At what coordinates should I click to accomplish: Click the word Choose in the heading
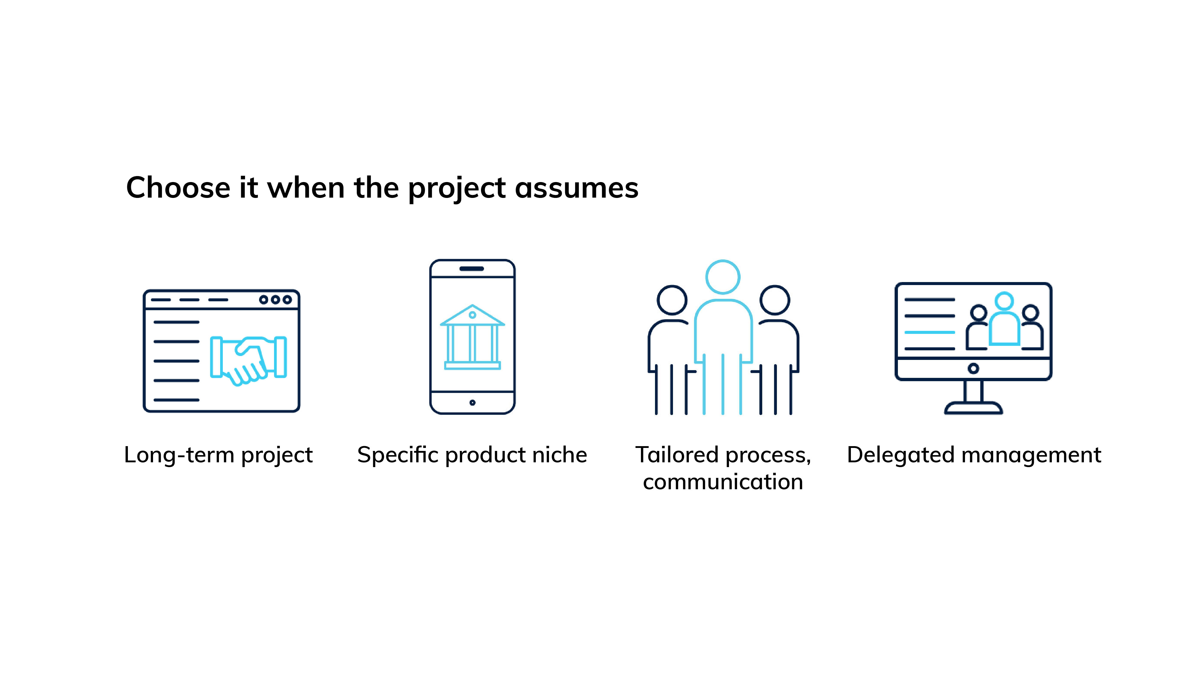click(x=178, y=188)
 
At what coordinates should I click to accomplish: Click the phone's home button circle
click(x=473, y=402)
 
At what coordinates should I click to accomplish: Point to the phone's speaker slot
click(x=472, y=269)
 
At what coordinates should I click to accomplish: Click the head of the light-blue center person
click(x=723, y=277)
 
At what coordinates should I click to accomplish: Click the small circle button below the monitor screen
click(x=973, y=369)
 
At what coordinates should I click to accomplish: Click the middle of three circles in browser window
click(x=275, y=299)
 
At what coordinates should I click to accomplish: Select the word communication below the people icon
click(x=723, y=481)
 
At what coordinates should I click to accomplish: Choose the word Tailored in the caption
click(x=677, y=454)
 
